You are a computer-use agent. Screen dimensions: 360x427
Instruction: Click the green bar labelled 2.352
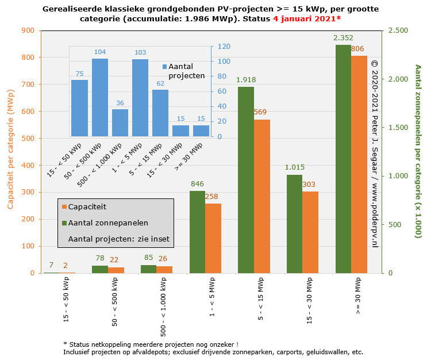pyautogui.click(x=343, y=159)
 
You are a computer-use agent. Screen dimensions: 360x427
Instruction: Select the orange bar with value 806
pyautogui.click(x=359, y=164)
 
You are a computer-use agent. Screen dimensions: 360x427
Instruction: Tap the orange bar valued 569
pyautogui.click(x=261, y=196)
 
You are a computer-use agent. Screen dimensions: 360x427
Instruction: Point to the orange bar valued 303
pyautogui.click(x=310, y=232)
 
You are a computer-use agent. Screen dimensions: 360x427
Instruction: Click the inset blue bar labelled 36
pyautogui.click(x=120, y=122)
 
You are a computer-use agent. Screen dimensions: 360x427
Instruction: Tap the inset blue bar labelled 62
pyautogui.click(x=160, y=113)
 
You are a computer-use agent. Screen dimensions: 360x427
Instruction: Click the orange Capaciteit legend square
pyautogui.click(x=64, y=207)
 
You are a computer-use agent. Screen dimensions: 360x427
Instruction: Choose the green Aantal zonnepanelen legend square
pyautogui.click(x=64, y=223)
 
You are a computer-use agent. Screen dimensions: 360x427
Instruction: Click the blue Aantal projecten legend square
pyautogui.click(x=164, y=67)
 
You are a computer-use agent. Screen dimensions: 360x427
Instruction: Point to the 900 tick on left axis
pyautogui.click(x=28, y=30)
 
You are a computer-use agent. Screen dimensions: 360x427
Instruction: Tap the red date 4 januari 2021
pyautogui.click(x=307, y=19)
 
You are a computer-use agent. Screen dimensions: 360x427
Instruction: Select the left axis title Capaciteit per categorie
pyautogui.click(x=11, y=151)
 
